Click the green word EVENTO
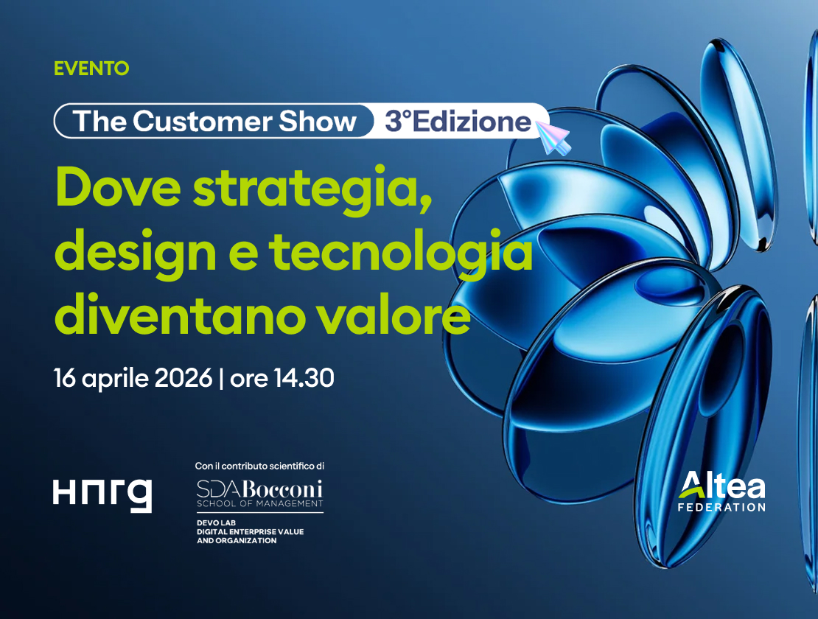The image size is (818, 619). pyautogui.click(x=91, y=69)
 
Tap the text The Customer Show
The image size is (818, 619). pyautogui.click(x=214, y=121)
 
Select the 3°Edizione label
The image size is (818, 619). pyautogui.click(x=458, y=121)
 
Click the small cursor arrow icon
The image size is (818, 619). pyautogui.click(x=554, y=138)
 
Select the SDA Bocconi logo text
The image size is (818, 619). pyautogui.click(x=259, y=489)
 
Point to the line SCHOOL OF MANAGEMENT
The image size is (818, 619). pyautogui.click(x=259, y=504)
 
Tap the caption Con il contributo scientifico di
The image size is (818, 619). pyautogui.click(x=259, y=466)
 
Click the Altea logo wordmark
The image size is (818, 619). pyautogui.click(x=722, y=486)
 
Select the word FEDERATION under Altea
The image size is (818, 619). pyautogui.click(x=722, y=507)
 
